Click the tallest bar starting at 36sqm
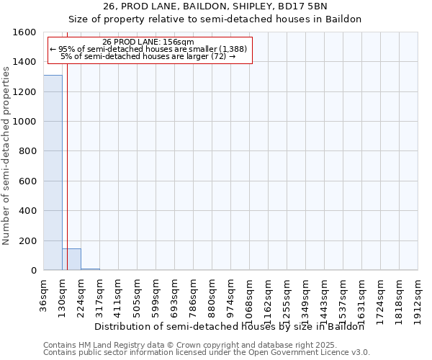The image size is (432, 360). point(53,173)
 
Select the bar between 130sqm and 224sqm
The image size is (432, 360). point(71,259)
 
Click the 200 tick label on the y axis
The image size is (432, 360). point(28,240)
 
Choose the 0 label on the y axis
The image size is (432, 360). point(33,271)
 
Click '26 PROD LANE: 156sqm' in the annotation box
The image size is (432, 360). point(148,42)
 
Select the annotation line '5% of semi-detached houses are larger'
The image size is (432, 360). point(148,56)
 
